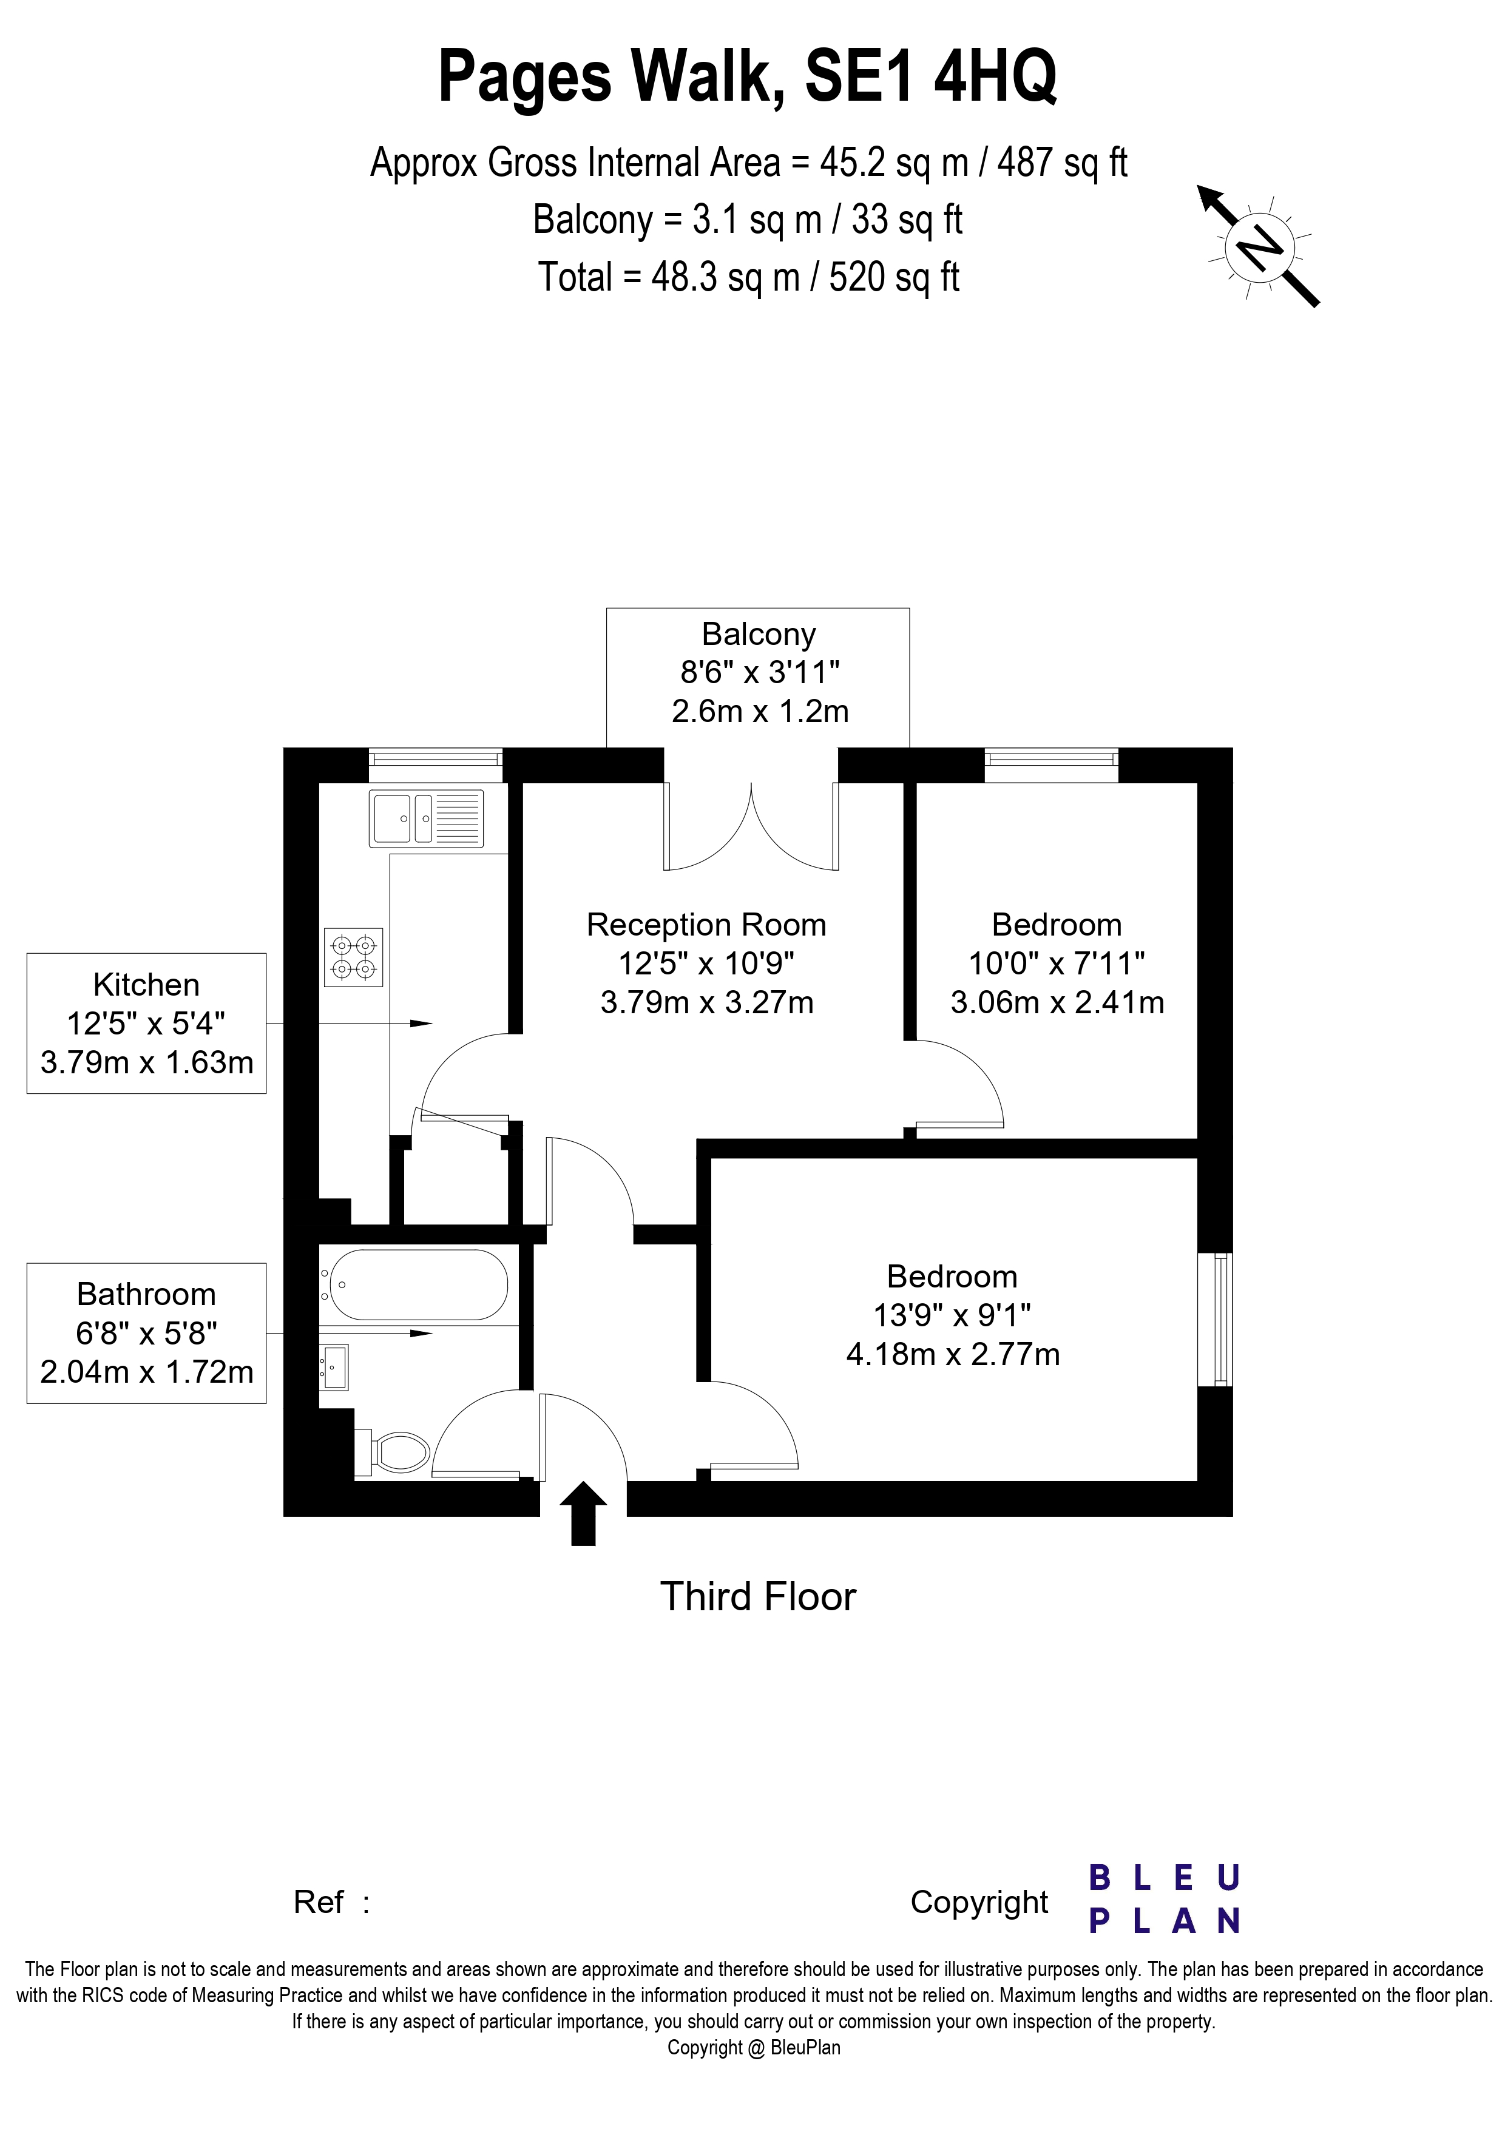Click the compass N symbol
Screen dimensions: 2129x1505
pos(1259,248)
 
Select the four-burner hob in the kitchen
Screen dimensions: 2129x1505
pos(353,957)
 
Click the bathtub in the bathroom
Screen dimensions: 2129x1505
pos(414,1284)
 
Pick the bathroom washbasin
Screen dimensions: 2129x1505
pos(334,1367)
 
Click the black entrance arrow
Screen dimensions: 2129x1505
pos(583,1513)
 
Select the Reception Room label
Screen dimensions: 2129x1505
pos(706,925)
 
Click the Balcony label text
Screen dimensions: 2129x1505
pos(759,634)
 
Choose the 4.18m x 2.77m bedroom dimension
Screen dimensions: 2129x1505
pos(952,1355)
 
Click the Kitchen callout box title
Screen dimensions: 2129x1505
pos(146,985)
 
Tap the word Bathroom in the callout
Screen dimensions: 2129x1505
pos(146,1295)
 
